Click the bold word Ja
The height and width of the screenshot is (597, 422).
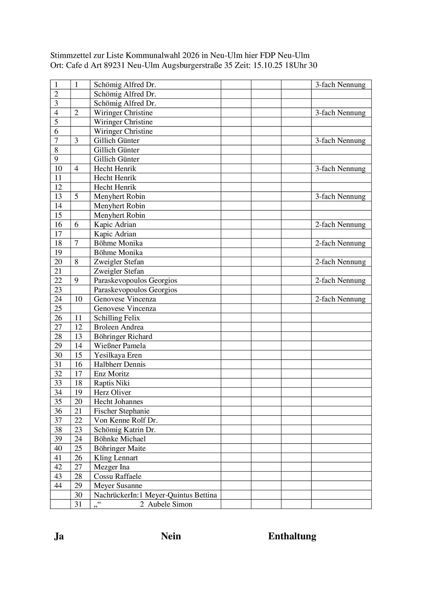[59, 537]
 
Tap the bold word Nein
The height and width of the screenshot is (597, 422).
[171, 537]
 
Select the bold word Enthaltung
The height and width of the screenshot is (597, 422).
[292, 537]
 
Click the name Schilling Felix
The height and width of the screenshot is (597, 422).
[117, 318]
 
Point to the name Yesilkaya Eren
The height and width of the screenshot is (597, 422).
[118, 355]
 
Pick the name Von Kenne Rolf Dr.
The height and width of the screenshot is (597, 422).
[126, 420]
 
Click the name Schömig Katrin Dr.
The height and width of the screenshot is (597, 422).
[125, 430]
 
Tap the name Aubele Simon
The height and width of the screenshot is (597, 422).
[170, 504]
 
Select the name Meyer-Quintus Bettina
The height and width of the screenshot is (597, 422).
[181, 495]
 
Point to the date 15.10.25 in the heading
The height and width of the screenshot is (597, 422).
[268, 65]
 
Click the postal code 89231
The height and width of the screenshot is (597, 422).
[114, 65]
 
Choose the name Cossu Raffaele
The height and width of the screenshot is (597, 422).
[117, 476]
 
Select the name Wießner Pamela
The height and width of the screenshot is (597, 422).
[120, 346]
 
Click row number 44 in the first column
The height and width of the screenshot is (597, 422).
[58, 486]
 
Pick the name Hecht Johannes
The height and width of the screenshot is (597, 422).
[118, 402]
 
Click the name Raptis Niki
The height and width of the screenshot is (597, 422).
[111, 383]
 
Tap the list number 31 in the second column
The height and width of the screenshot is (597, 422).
[78, 504]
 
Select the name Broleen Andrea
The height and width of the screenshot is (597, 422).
[118, 327]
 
